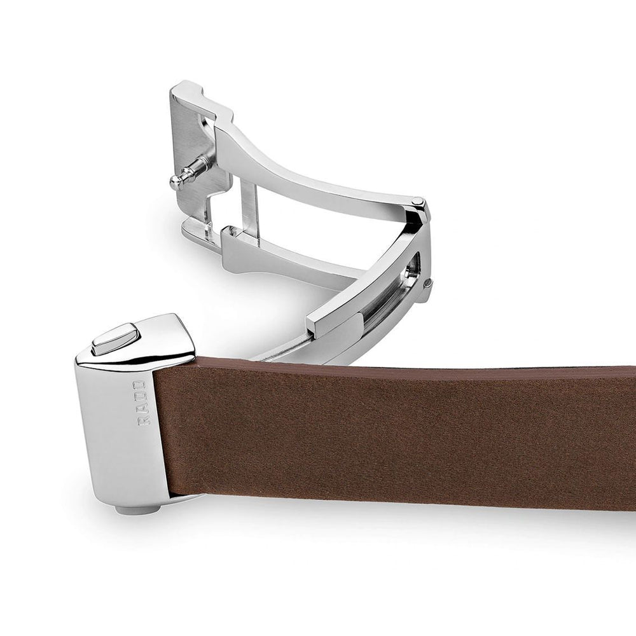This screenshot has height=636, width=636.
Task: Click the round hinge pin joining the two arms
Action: click(417, 201)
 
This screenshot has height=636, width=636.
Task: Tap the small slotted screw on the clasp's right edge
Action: click(429, 284)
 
